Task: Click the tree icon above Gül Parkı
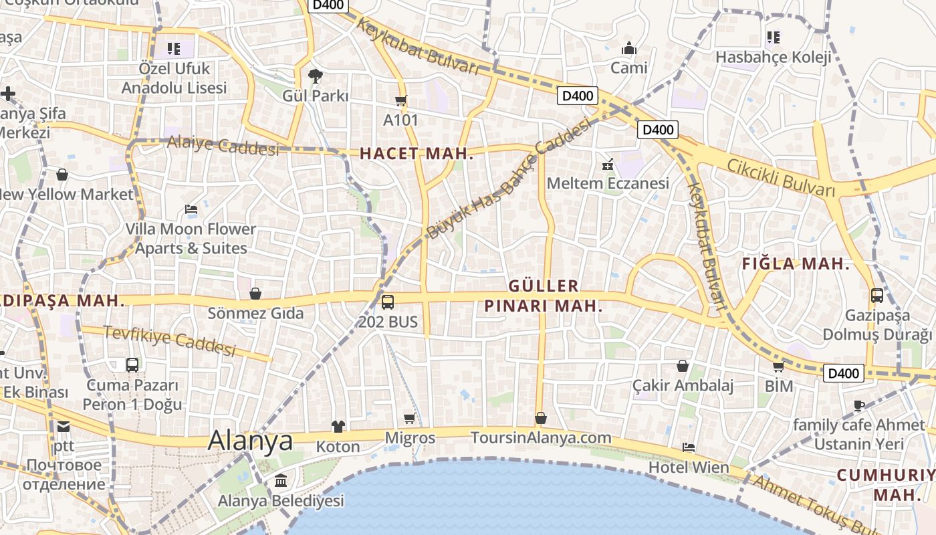click(315, 76)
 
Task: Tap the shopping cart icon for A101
click(400, 101)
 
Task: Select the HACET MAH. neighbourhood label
click(417, 154)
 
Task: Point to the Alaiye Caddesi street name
click(223, 145)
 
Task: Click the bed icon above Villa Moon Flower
click(191, 209)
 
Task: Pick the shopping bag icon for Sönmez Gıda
click(255, 294)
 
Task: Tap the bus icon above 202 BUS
click(388, 302)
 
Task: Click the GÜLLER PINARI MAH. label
click(544, 296)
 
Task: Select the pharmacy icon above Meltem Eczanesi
click(608, 163)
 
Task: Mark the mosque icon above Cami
click(628, 48)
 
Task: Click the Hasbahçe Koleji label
click(774, 57)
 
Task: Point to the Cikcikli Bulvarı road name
click(781, 178)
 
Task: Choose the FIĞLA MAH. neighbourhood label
click(796, 264)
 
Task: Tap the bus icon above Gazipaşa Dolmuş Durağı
click(876, 295)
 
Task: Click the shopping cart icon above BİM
click(778, 367)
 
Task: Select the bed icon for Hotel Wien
click(688, 447)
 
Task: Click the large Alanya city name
click(250, 441)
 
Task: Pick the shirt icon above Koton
click(338, 427)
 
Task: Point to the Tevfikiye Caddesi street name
click(170, 340)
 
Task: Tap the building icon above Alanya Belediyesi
click(281, 481)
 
